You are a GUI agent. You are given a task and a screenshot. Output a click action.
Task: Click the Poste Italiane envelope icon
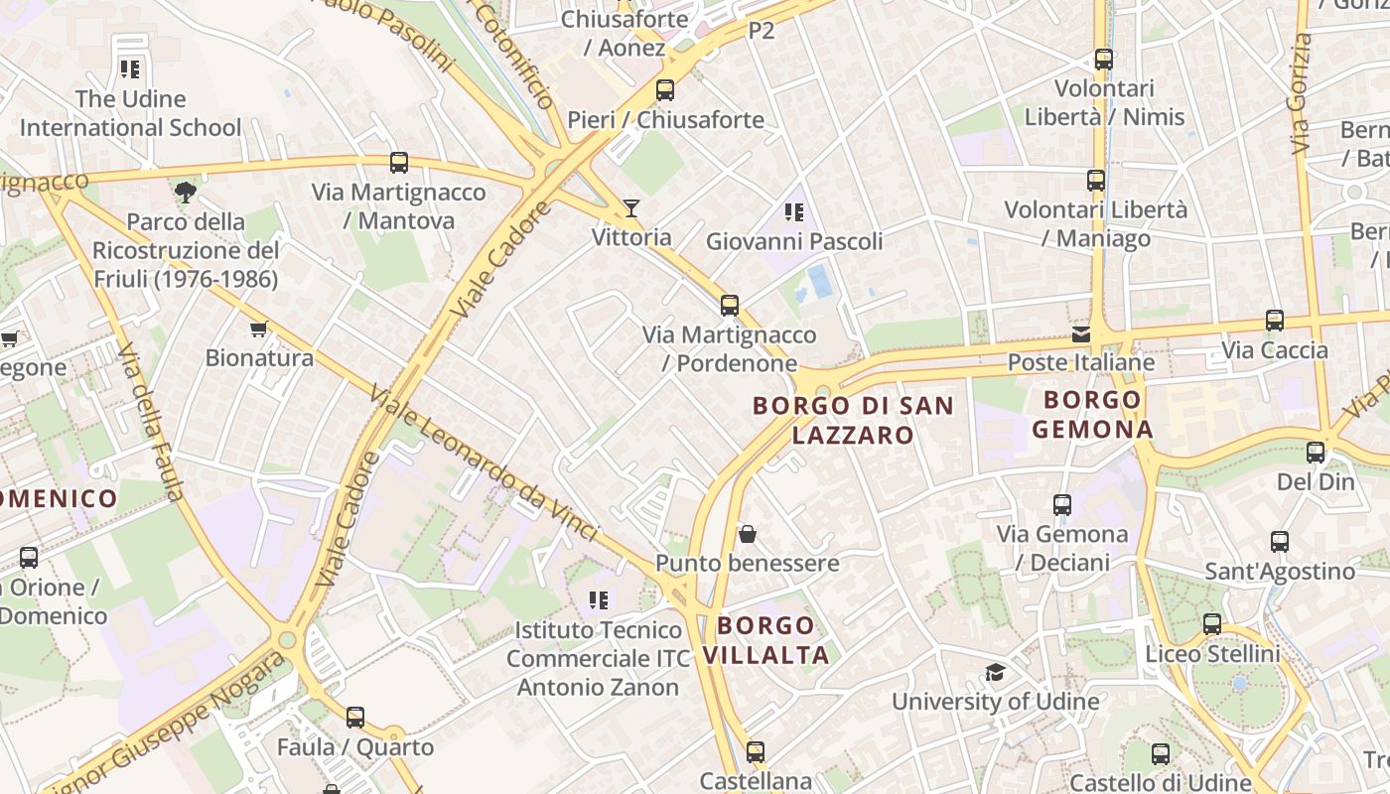point(1080,334)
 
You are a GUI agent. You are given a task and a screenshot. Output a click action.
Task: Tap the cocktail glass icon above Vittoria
point(630,208)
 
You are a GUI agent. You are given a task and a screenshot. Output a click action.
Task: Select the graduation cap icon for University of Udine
point(995,673)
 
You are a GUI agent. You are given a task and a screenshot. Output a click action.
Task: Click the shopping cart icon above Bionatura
point(259,329)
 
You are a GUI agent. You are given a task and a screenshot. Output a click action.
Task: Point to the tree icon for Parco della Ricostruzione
point(185,192)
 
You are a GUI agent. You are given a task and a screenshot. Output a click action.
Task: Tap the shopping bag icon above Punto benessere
point(748,534)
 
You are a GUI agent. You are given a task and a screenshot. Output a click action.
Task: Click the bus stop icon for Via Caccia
point(1274,321)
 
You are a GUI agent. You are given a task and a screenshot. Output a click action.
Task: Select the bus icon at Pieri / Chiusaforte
point(665,90)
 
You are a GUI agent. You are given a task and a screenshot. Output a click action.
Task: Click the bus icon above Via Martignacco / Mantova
point(399,163)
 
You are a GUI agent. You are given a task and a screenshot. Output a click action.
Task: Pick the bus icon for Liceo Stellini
point(1211,624)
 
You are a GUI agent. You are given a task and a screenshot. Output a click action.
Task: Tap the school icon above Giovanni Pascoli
point(793,211)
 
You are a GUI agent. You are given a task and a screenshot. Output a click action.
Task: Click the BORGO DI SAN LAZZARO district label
point(853,420)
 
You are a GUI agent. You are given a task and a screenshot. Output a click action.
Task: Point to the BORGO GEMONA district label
point(1092,415)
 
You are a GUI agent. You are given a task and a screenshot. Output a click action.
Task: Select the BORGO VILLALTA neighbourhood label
point(765,640)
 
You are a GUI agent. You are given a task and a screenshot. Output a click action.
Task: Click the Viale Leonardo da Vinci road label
point(484,464)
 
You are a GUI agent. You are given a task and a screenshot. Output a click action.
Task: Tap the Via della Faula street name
point(151,421)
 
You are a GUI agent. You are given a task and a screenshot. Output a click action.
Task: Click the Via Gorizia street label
point(1301,94)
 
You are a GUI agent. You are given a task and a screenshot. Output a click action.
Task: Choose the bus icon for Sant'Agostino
point(1279,542)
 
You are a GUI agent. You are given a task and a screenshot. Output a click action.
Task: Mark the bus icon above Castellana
point(756,752)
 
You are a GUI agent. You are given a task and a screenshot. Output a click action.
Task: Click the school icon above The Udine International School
point(129,69)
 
